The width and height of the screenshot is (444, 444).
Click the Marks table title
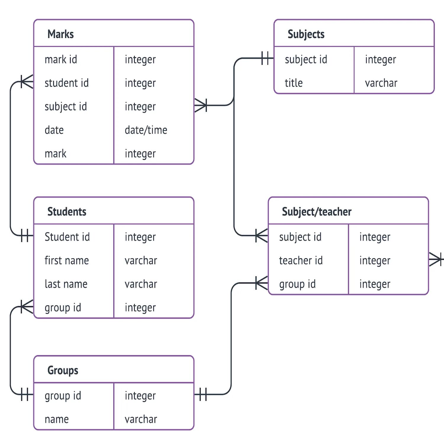click(60, 34)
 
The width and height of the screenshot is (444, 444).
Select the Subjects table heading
click(306, 34)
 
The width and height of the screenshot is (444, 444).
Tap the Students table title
click(67, 212)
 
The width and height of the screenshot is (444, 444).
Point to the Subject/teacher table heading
click(316, 212)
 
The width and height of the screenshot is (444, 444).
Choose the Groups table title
click(63, 370)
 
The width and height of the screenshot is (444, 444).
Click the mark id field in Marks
click(61, 59)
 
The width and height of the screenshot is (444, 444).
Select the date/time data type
click(146, 130)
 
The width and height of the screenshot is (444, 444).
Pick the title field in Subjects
click(294, 83)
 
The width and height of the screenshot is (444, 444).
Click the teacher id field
click(301, 260)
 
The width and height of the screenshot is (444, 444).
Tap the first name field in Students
click(67, 260)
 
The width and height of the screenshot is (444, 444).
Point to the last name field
click(66, 284)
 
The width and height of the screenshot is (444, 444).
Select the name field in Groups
click(57, 419)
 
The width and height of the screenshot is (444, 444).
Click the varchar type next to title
click(381, 83)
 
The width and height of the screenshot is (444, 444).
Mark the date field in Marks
click(54, 130)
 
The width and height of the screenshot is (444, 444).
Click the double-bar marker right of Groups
click(203, 394)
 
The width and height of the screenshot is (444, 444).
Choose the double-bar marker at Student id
click(25, 236)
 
